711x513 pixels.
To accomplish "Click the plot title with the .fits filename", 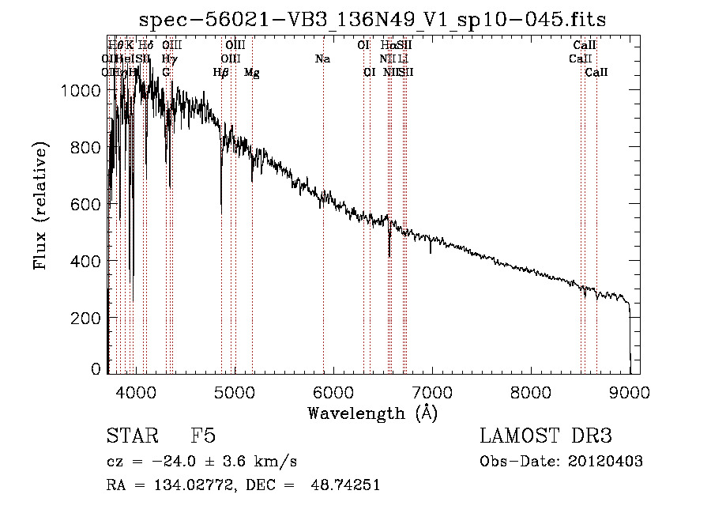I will click(x=373, y=20).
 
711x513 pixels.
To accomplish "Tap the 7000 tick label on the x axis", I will click(x=431, y=390).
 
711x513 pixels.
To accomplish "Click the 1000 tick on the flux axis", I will click(x=81, y=91).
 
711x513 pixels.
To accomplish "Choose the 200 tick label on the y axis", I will click(x=86, y=318).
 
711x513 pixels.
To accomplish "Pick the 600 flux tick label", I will click(x=86, y=205).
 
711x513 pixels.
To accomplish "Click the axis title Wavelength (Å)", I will click(x=373, y=413).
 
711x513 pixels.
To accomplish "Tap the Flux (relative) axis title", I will click(x=40, y=206).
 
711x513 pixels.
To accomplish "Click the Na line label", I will click(x=322, y=59).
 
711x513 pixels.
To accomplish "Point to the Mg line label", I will click(x=251, y=73).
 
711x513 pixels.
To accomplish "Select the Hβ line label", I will click(x=220, y=73).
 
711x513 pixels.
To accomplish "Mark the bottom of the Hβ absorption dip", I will click(x=221, y=212).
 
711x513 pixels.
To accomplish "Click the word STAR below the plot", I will click(x=132, y=436).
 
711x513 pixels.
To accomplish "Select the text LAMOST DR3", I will click(x=545, y=436).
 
